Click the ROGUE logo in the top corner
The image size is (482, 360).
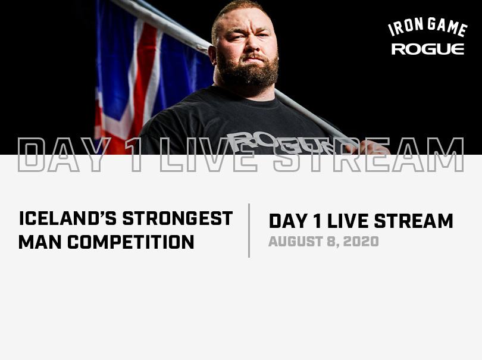pos(427,49)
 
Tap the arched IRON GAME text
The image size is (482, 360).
pos(427,27)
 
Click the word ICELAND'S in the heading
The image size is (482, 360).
pos(68,219)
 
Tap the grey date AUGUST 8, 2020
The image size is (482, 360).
pos(323,242)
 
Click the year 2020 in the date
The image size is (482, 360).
pos(361,242)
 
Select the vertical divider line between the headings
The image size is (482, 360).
pos(249,230)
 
